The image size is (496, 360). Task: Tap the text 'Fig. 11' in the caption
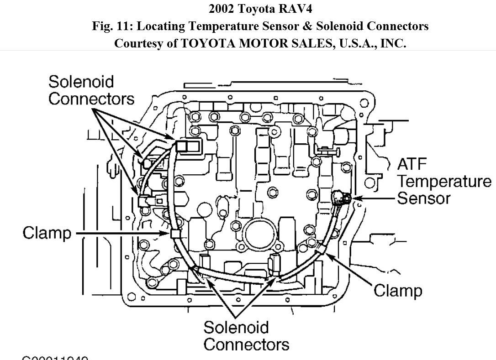[110, 26]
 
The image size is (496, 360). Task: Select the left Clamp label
[47, 233]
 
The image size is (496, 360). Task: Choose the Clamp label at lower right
[398, 290]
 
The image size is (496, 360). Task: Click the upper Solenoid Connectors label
[91, 90]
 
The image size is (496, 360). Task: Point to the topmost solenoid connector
[187, 146]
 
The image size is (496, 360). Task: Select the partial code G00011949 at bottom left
[55, 357]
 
